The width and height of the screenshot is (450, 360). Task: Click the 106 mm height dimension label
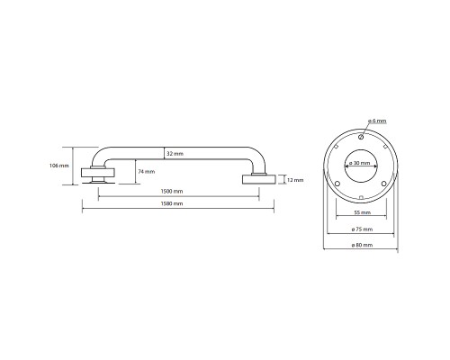(59, 166)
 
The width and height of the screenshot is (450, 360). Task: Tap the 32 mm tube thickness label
(175, 154)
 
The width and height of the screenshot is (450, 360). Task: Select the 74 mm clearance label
(147, 172)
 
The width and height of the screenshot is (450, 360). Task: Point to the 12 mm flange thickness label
(295, 180)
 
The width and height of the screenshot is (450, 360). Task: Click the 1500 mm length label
(172, 192)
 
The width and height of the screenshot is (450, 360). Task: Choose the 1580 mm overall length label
(172, 203)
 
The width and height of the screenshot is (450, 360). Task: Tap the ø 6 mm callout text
(377, 121)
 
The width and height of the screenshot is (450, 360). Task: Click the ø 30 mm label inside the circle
(360, 163)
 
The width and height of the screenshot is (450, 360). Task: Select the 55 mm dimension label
(363, 212)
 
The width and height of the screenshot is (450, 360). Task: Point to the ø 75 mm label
(362, 229)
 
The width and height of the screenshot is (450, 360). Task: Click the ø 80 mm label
(362, 245)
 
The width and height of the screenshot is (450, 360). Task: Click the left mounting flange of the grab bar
(98, 173)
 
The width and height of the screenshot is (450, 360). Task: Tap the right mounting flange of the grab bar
(258, 179)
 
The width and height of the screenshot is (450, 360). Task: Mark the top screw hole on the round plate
(361, 137)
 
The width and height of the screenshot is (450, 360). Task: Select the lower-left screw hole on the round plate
(337, 184)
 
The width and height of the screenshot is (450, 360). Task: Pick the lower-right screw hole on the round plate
(383, 184)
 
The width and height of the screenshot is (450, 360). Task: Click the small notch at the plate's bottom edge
(361, 197)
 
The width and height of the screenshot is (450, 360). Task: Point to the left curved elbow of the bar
(97, 155)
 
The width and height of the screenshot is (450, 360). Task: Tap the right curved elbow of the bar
(258, 157)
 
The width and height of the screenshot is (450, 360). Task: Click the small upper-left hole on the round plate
(337, 147)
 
